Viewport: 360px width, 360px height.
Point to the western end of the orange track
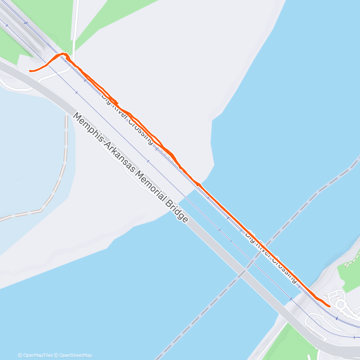pos(30,71)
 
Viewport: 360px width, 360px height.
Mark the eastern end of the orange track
pos(329,306)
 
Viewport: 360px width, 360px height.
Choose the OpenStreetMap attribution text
pos(74,355)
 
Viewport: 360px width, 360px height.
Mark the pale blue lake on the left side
pos(29,151)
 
